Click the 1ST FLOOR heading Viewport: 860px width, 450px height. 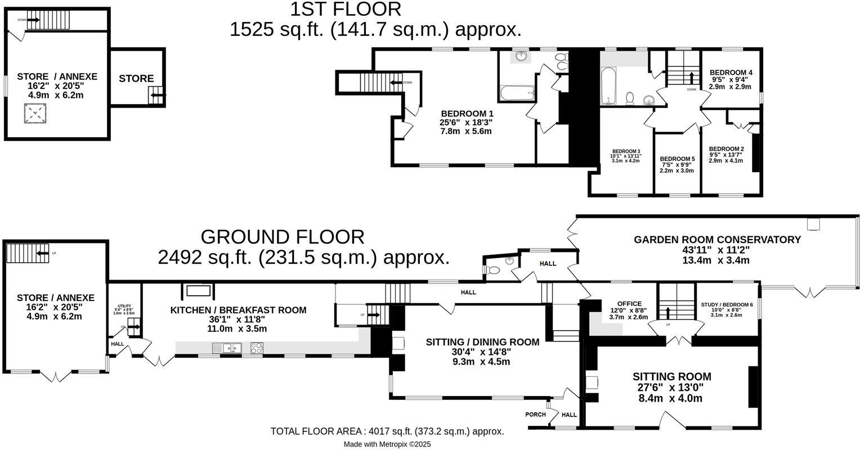(x=346, y=10)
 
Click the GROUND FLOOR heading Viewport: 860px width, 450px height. (x=282, y=237)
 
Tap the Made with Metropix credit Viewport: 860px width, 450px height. (x=387, y=444)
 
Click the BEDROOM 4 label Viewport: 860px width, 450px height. (x=731, y=73)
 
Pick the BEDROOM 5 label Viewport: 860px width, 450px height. (x=677, y=159)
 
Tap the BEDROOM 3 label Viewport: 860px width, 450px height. (x=626, y=151)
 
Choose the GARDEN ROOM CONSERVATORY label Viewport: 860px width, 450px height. (x=717, y=240)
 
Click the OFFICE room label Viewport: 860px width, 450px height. (x=629, y=304)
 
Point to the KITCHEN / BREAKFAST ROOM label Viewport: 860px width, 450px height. (x=238, y=310)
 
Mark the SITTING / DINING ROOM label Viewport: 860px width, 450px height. (x=482, y=342)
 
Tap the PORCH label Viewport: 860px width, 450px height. (x=535, y=415)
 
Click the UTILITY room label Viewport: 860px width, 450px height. (x=124, y=306)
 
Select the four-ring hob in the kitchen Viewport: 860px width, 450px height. (x=256, y=349)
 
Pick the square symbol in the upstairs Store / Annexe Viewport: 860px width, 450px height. (x=35, y=114)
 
